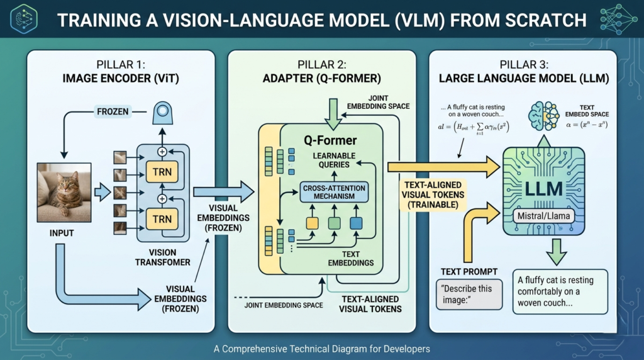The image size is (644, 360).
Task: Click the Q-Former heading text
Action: point(330,140)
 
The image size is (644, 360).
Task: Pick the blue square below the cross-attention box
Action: point(357,223)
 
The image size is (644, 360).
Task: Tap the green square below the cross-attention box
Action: point(335,223)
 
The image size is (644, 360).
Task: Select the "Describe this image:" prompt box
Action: point(469,293)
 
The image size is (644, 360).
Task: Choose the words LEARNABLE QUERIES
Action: point(335,160)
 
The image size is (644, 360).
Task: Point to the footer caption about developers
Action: point(322,348)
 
